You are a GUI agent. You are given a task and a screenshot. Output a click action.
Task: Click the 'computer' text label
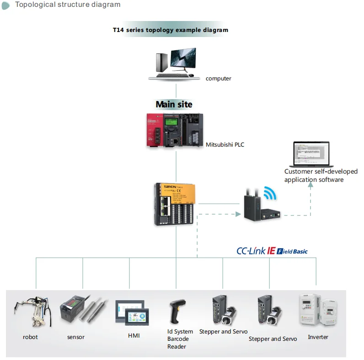[x=218, y=79]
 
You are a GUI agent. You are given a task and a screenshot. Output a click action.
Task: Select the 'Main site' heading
[x=174, y=104]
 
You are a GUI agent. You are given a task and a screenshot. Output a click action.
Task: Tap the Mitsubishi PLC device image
[x=174, y=130]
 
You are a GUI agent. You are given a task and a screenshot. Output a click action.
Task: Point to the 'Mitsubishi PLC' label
[x=225, y=144]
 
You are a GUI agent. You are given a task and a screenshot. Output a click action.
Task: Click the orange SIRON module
[x=177, y=204]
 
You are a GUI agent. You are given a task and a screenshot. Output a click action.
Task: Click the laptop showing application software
[x=310, y=155]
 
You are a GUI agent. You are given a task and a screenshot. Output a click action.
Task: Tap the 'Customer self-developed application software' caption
[x=321, y=175]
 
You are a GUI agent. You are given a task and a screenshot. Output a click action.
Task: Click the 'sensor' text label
[x=76, y=337]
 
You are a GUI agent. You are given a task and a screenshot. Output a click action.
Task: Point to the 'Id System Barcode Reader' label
[x=180, y=339]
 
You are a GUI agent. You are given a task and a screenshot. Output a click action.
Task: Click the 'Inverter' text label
[x=318, y=337]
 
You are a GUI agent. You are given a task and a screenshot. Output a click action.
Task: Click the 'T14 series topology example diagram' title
[x=171, y=30]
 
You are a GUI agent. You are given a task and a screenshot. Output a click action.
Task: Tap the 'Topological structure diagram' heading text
[x=68, y=5]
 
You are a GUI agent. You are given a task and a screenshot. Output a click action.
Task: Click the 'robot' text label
[x=30, y=337]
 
